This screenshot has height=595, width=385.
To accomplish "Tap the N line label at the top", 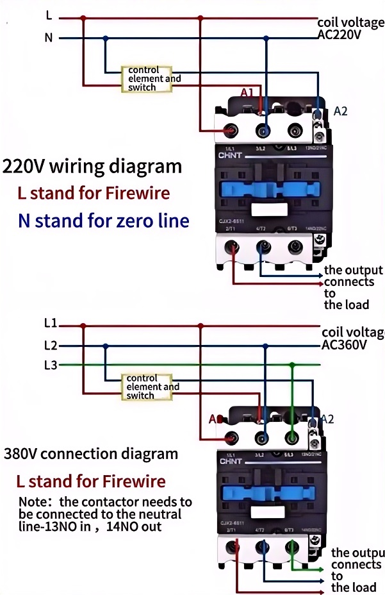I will (x=49, y=37).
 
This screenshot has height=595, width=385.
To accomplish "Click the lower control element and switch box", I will (x=147, y=387).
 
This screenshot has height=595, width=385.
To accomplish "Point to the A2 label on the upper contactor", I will (x=340, y=111).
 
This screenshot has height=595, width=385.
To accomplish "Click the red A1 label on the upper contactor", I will (x=247, y=93).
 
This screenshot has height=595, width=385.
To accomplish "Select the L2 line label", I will (x=51, y=346).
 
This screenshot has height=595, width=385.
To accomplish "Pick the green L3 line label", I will (x=51, y=365).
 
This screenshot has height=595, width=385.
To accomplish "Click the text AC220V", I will (x=340, y=35).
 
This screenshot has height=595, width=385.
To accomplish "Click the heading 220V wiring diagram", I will (x=92, y=167).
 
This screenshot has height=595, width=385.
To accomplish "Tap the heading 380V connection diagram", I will (x=91, y=454).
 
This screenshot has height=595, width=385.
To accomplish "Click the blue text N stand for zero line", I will (x=104, y=221).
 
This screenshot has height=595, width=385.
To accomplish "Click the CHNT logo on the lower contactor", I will (x=229, y=460).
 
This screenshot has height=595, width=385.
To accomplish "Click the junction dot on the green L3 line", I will (x=291, y=365).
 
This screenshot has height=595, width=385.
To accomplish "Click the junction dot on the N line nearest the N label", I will (x=106, y=38).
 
